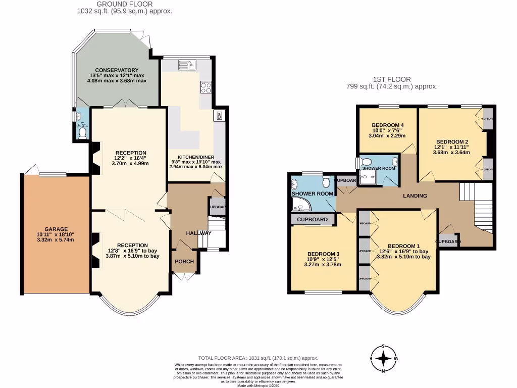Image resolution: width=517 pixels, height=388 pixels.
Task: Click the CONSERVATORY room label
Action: point(117,70)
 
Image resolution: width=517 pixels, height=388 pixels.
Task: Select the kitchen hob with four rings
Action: point(206,88)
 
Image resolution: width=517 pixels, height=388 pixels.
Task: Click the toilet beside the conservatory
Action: point(82,132)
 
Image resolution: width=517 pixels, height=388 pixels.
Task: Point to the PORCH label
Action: point(184,261)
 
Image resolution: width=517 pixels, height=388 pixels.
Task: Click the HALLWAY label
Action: point(198,233)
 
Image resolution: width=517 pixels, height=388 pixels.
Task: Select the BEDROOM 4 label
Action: point(387,125)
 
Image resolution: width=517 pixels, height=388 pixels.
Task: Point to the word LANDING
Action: point(416,196)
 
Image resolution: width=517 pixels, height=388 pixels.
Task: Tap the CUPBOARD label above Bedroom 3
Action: point(312,220)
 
